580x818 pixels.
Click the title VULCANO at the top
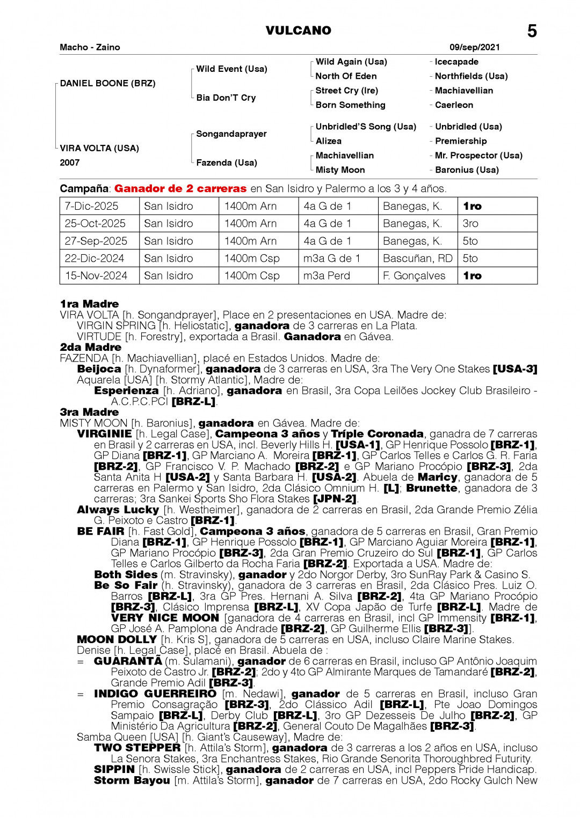pyautogui.click(x=298, y=31)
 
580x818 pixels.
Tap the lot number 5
pyautogui.click(x=532, y=31)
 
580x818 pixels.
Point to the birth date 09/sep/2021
pyautogui.click(x=474, y=47)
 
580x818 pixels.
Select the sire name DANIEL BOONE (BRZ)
pyautogui.click(x=108, y=83)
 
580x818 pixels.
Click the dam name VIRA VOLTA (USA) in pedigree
pyautogui.click(x=99, y=148)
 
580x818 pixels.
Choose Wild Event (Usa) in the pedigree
pyautogui.click(x=231, y=69)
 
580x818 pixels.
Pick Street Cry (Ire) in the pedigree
pyautogui.click(x=346, y=91)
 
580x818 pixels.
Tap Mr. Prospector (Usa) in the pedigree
pyautogui.click(x=478, y=156)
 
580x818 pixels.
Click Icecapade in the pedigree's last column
pyautogui.click(x=456, y=62)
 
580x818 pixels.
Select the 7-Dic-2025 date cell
pyautogui.click(x=91, y=206)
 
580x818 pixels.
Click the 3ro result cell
pyautogui.click(x=470, y=224)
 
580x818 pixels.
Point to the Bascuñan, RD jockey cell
pyautogui.click(x=417, y=259)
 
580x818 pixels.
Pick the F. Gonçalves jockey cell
pyautogui.click(x=414, y=276)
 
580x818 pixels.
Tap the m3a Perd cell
pyautogui.click(x=327, y=276)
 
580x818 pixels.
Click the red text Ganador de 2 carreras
pyautogui.click(x=180, y=189)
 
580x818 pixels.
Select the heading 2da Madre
pyautogui.click(x=90, y=347)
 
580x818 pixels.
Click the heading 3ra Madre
pyautogui.click(x=89, y=412)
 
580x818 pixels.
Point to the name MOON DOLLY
pyautogui.click(x=117, y=639)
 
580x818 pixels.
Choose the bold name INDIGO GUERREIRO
pyautogui.click(x=155, y=694)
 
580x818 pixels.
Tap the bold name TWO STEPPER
pyautogui.click(x=137, y=748)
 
